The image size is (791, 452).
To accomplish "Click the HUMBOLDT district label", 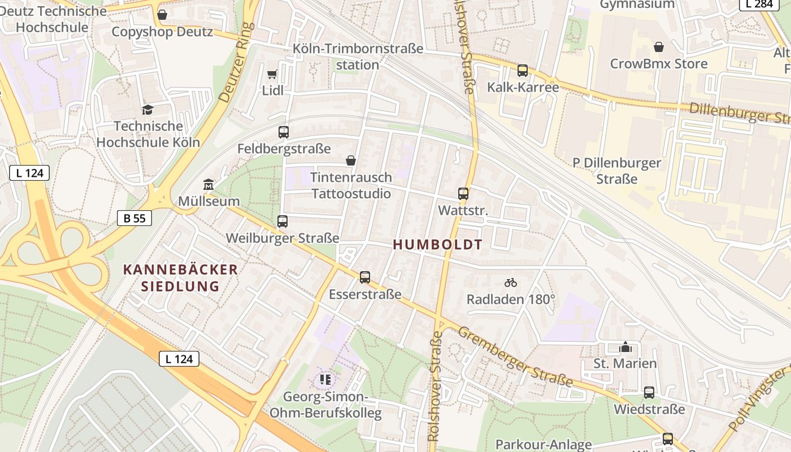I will (x=438, y=245).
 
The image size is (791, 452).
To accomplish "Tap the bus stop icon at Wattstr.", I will (x=463, y=194).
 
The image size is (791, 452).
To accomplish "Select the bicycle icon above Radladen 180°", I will (x=511, y=282).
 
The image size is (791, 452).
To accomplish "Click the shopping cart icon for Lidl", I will (x=272, y=75).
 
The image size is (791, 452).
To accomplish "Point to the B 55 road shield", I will (x=134, y=218).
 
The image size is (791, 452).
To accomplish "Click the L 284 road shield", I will (x=756, y=4).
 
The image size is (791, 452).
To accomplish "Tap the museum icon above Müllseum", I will (x=208, y=185).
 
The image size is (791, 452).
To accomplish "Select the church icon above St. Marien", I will (x=625, y=347).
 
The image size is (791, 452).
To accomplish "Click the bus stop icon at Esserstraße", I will (x=365, y=277).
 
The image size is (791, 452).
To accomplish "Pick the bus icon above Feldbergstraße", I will (x=284, y=132).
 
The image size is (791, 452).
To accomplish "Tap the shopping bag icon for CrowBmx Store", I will (x=659, y=47).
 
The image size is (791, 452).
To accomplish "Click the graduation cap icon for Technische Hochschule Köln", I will (x=147, y=110).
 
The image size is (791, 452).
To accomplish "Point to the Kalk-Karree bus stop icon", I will (x=523, y=71).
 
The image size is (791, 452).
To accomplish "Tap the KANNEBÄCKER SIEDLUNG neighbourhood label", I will (x=180, y=277).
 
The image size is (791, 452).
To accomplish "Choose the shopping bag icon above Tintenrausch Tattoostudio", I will (x=351, y=161).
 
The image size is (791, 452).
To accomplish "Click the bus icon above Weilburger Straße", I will (x=282, y=221).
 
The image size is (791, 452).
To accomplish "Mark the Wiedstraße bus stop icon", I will (x=649, y=393).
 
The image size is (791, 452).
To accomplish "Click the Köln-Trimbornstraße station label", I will (x=358, y=56).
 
